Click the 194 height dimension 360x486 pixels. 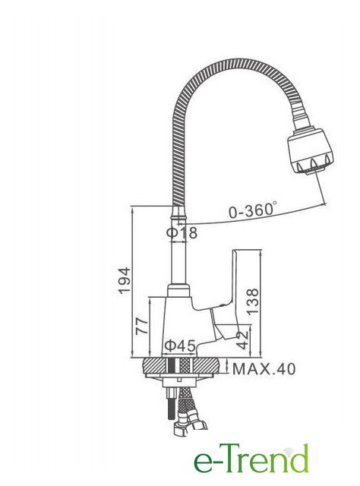click(125, 280)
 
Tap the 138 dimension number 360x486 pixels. click(253, 301)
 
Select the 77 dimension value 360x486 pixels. click(142, 326)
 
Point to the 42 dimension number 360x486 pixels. click(242, 340)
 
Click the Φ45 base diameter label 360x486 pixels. click(180, 346)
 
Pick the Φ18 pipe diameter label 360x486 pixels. click(182, 232)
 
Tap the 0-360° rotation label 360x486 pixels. click(253, 210)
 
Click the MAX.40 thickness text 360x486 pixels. click(264, 369)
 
